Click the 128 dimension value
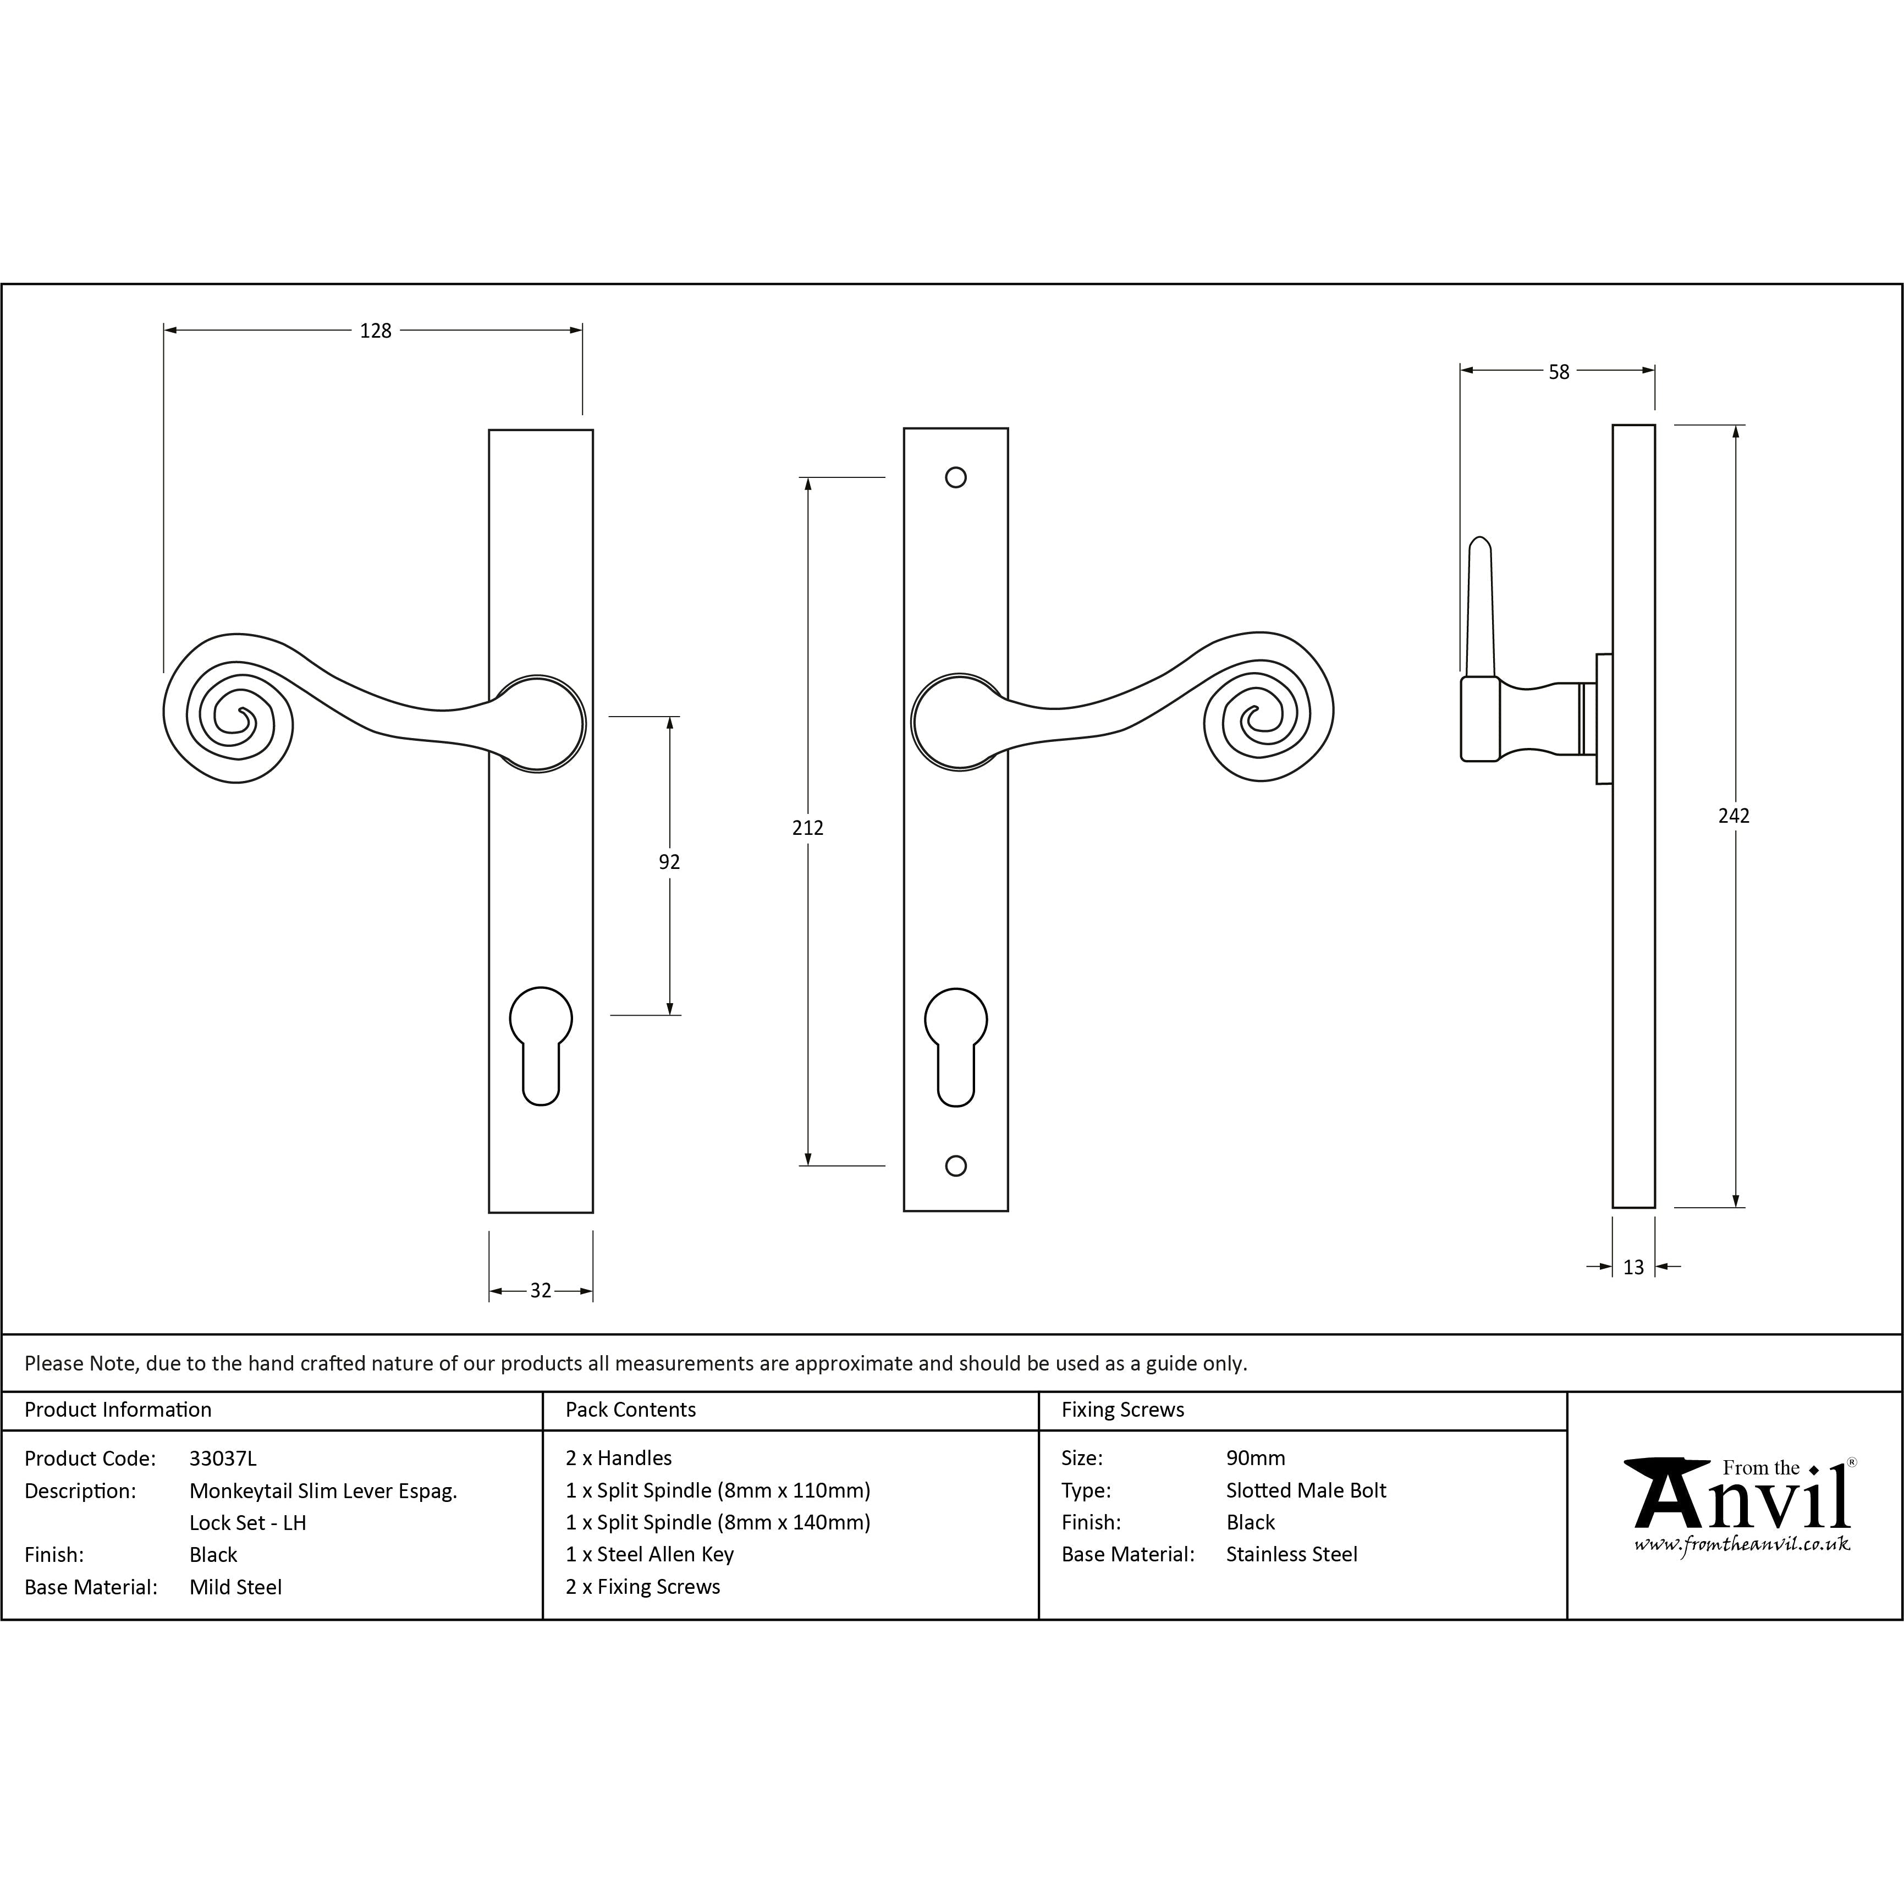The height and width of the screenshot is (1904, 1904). (x=376, y=331)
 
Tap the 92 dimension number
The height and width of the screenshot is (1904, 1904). (x=669, y=862)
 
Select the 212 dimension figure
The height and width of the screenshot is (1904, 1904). (x=807, y=828)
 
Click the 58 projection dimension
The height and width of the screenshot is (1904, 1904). (x=1558, y=372)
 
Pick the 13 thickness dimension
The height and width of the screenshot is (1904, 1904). (x=1633, y=1267)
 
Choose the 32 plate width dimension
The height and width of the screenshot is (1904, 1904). (x=540, y=1291)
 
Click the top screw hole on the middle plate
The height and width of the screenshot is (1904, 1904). (x=955, y=478)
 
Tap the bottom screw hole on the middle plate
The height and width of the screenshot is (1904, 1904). (x=955, y=1166)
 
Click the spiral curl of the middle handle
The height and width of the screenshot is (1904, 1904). (x=1267, y=709)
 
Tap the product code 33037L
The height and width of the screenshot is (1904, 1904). (x=223, y=1459)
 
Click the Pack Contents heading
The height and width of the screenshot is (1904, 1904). (x=631, y=1410)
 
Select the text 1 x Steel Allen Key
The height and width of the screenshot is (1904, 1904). (x=650, y=1554)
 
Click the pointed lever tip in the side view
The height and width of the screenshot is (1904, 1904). (x=1479, y=545)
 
